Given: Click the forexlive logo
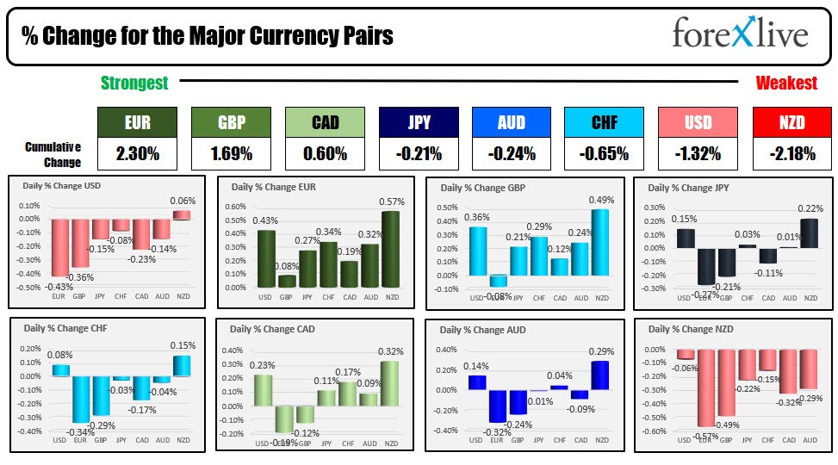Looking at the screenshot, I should click(x=740, y=34).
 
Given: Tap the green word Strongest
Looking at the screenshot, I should click(x=134, y=84).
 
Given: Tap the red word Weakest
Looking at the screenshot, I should click(x=785, y=84).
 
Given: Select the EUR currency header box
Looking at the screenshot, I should click(x=136, y=122).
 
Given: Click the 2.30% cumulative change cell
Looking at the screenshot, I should click(x=136, y=154).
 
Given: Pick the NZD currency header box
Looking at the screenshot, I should click(x=791, y=122).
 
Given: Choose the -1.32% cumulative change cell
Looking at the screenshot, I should click(x=698, y=154).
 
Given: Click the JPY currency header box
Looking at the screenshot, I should click(x=418, y=122).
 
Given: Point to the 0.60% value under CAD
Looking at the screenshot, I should click(x=324, y=154).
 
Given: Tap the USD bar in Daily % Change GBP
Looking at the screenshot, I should click(x=475, y=251).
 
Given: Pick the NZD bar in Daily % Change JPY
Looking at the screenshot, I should click(x=810, y=232).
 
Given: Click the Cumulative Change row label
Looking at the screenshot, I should click(x=53, y=155).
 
